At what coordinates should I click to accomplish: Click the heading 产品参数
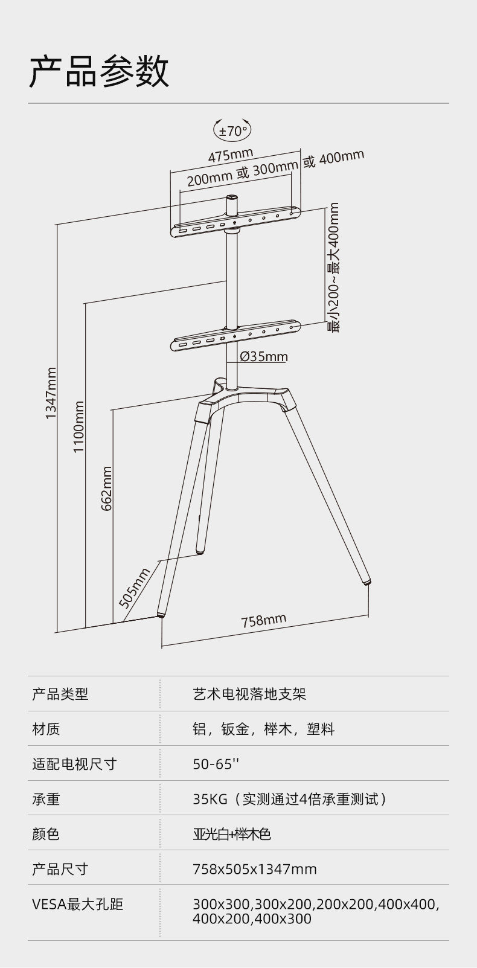(x=99, y=72)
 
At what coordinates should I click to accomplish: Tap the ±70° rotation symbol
(x=233, y=130)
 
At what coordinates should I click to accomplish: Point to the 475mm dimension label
(x=231, y=155)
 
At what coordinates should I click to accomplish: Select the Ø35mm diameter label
(x=264, y=356)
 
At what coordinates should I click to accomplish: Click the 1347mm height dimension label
(x=51, y=393)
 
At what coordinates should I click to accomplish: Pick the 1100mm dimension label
(x=78, y=428)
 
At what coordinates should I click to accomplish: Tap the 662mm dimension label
(x=106, y=488)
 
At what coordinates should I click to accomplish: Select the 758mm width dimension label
(x=264, y=620)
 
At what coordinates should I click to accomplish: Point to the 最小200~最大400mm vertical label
(x=333, y=267)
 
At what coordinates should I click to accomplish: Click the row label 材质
(x=46, y=729)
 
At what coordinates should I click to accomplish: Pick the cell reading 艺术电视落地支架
(x=249, y=694)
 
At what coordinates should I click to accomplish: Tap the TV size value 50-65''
(x=216, y=764)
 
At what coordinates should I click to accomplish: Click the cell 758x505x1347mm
(x=254, y=869)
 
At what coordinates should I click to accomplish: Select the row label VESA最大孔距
(x=77, y=904)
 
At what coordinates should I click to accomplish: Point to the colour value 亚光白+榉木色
(x=232, y=834)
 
